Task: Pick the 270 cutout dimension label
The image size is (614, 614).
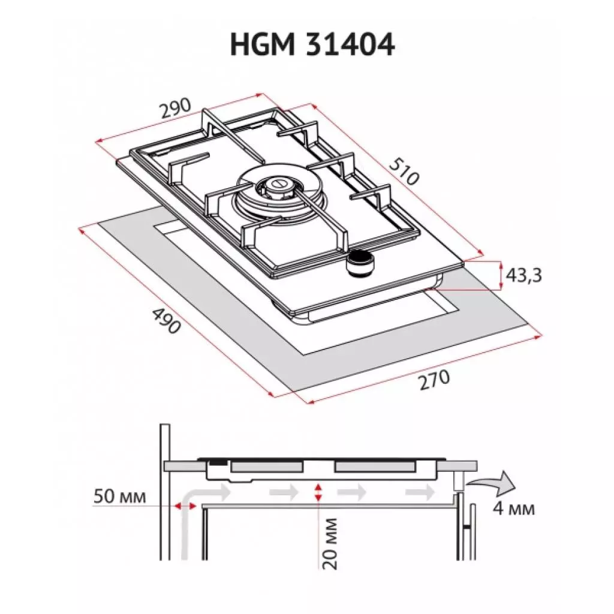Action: pos(434,380)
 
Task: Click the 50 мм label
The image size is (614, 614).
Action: pos(120,496)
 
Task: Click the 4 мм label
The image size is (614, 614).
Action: pos(513,509)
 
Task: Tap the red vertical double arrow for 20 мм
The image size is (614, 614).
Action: pos(318,493)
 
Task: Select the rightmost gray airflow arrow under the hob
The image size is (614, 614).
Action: pos(420,492)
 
